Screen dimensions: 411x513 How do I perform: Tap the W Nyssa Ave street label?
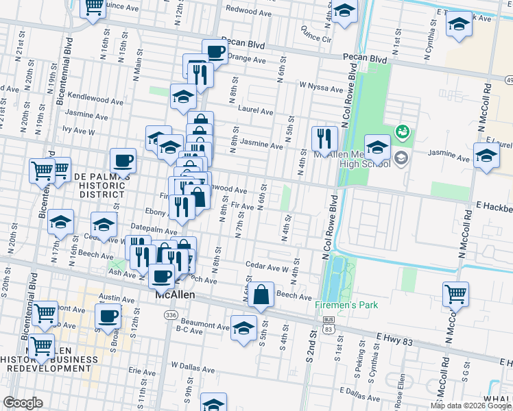tap(320, 88)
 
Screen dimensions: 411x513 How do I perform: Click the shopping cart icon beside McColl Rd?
tap(455, 294)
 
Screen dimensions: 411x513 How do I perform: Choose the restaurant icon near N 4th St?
tap(324, 138)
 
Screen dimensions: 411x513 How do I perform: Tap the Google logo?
tap(23, 403)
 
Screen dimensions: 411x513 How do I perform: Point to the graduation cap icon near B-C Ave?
tap(243, 327)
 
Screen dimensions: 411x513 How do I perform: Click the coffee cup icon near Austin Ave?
tap(108, 316)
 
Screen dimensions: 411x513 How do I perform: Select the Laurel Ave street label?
tap(255, 110)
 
